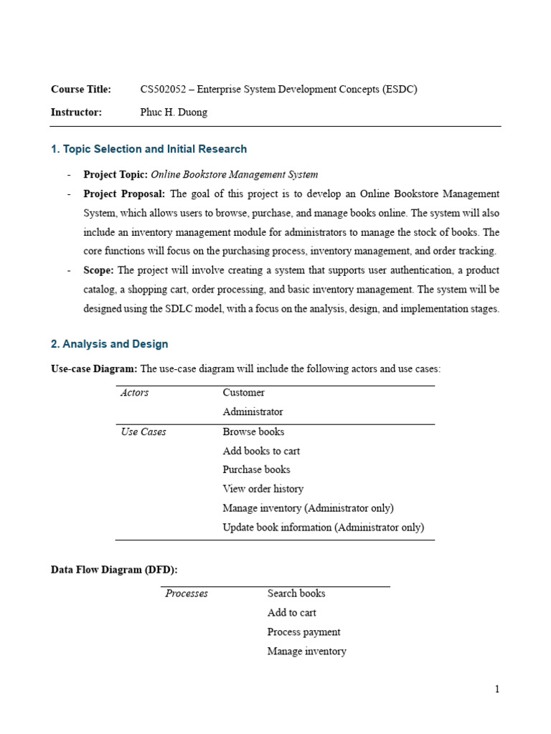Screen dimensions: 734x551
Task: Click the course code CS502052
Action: point(164,90)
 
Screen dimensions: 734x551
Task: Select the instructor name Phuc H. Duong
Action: point(174,112)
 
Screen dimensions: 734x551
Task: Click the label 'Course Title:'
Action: point(81,90)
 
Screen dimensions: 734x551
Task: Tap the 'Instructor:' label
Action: point(77,112)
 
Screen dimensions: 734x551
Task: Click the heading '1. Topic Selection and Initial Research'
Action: point(149,149)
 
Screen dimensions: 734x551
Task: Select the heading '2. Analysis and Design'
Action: point(110,344)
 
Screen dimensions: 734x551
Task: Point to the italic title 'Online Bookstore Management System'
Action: point(235,174)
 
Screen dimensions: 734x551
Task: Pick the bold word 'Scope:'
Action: point(99,270)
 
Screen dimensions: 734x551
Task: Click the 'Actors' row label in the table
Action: point(135,393)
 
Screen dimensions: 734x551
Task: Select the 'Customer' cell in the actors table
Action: point(244,393)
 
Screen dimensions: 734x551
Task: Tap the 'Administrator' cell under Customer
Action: point(253,412)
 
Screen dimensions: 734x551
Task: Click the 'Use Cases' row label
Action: point(143,432)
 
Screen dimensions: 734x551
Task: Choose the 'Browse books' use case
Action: point(253,432)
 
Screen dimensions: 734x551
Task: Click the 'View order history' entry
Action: point(263,489)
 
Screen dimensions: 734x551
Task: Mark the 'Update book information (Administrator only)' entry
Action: point(323,528)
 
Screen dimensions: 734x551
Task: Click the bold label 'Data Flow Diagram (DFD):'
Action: point(114,570)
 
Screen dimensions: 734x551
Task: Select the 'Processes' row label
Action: point(187,594)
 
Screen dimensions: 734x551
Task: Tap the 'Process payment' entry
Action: point(303,632)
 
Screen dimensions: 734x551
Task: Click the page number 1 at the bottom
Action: point(496,690)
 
